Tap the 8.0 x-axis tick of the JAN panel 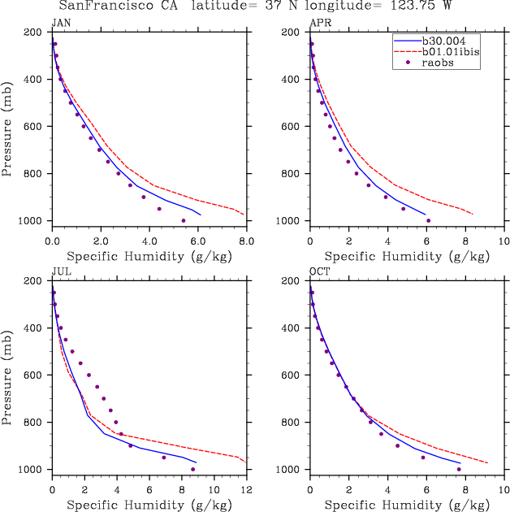pos(246,241)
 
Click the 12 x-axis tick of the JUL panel pos(246,490)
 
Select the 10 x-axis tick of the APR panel pos(504,241)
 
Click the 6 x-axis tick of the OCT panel pos(426,490)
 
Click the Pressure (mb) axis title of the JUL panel pos(7,376)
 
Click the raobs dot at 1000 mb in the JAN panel pos(183,220)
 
